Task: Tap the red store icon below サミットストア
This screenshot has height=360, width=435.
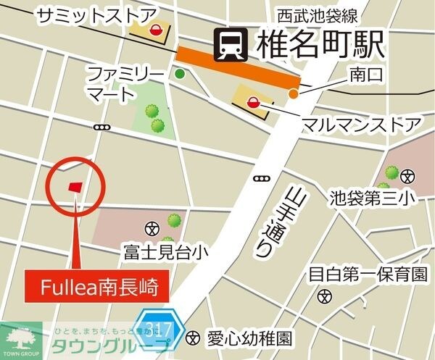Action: (155, 30)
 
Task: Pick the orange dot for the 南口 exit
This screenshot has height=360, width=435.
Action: (293, 93)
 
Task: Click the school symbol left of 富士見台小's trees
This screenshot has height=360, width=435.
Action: (152, 228)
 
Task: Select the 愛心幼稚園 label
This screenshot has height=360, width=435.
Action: (250, 338)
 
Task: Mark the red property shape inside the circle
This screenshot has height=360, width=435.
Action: (75, 187)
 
